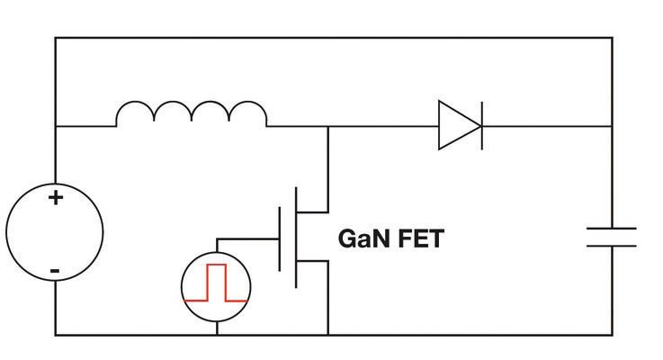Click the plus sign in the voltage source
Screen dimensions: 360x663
[x=56, y=198]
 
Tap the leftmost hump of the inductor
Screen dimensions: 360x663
[x=135, y=112]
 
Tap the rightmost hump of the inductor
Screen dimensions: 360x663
[x=248, y=112]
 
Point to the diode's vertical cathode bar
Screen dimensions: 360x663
[x=481, y=125]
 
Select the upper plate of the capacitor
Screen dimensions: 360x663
[x=612, y=229]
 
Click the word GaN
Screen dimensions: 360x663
[x=364, y=239]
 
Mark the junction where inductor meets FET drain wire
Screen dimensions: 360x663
[x=328, y=126]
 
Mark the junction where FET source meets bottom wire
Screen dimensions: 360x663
[x=328, y=335]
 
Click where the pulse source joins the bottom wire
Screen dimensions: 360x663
[x=217, y=335]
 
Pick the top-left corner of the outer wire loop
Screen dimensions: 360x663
[x=56, y=38]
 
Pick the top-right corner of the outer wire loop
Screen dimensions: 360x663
[x=612, y=38]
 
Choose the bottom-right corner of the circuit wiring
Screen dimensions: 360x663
[x=612, y=335]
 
